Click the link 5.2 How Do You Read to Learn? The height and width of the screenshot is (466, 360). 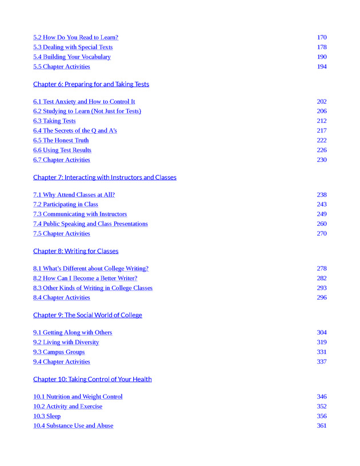coord(75,38)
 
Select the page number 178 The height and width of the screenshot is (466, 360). coord(322,47)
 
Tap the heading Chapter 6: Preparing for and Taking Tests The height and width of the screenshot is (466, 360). coord(91,84)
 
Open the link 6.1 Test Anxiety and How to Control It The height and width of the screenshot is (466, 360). coord(84,102)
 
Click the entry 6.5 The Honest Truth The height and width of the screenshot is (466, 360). coord(61,141)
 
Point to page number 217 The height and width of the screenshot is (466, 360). coord(322,131)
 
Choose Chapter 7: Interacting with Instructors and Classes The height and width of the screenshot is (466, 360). coord(105,177)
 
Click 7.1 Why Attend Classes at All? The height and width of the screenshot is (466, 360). coord(74,195)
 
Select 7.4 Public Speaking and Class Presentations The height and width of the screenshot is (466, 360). coord(90,224)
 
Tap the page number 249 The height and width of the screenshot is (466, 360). coord(322,214)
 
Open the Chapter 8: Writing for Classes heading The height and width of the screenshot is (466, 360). coord(75,251)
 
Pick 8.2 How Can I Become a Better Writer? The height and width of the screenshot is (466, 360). coord(85,278)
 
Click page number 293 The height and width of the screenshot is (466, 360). coord(322,288)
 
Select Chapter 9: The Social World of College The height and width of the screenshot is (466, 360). coord(87,315)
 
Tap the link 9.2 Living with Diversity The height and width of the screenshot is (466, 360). coord(66,342)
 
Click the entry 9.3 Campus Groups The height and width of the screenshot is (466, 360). coord(59,352)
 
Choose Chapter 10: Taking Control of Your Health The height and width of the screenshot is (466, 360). coord(92,379)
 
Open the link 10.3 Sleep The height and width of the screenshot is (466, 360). coord(47,416)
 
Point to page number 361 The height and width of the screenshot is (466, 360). coord(322,426)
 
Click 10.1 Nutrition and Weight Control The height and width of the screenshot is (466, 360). coord(78,397)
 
